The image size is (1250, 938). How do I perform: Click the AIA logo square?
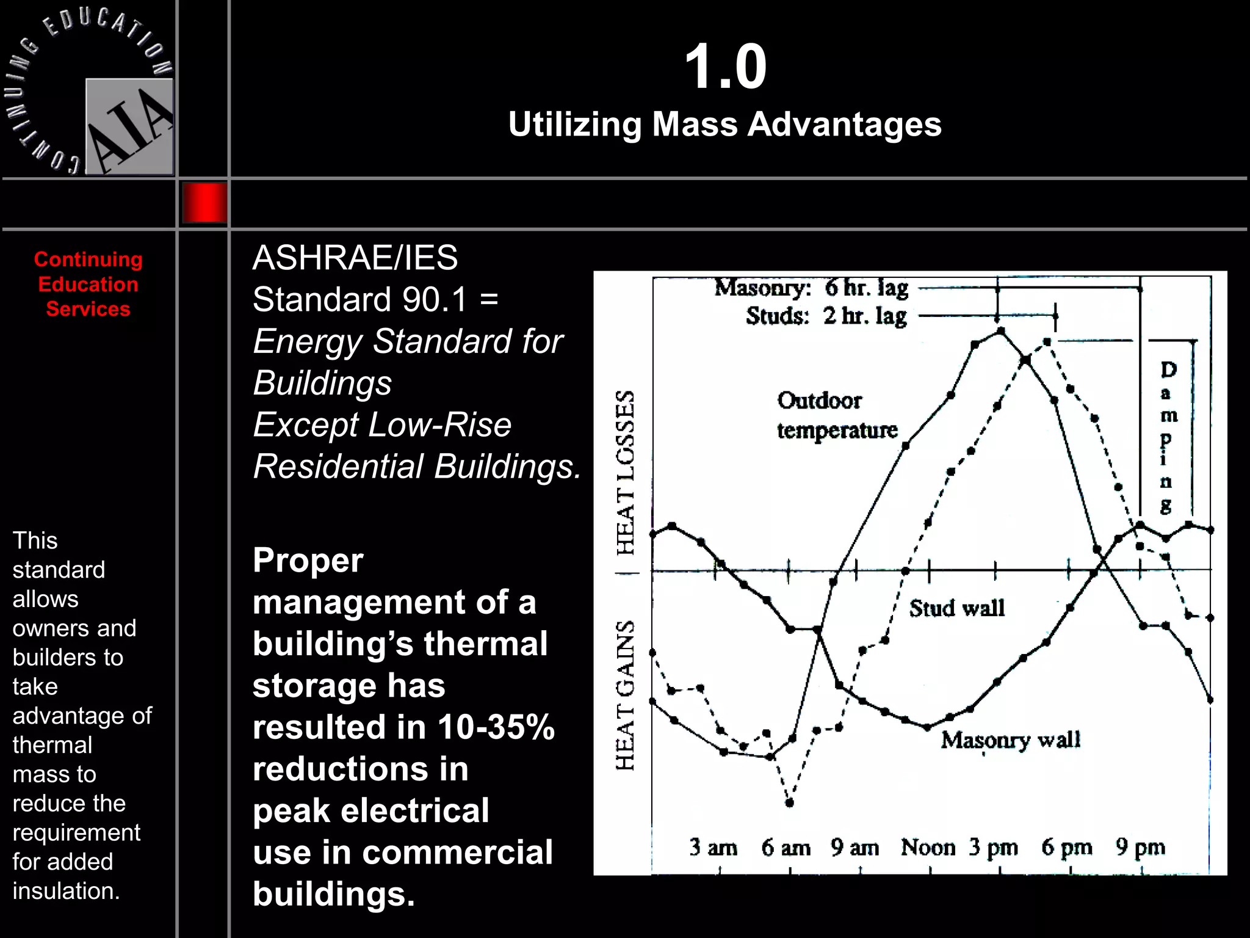[x=129, y=126]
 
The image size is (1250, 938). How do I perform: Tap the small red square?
[x=204, y=202]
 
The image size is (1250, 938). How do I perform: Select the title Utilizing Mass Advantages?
[x=724, y=124]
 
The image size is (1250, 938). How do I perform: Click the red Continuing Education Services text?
[x=89, y=284]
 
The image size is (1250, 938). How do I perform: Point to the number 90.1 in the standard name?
[x=435, y=299]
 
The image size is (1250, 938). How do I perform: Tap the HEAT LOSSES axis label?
[x=625, y=473]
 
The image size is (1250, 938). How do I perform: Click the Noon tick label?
[x=928, y=847]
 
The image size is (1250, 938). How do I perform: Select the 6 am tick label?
[x=786, y=848]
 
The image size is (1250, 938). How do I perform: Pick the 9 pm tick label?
[x=1140, y=847]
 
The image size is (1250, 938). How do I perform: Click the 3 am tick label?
[x=713, y=847]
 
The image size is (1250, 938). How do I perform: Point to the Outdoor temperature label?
[x=837, y=415]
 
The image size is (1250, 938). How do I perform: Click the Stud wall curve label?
[x=956, y=608]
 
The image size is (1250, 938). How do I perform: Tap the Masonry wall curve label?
[x=1010, y=740]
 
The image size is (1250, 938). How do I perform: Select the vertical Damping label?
[x=1167, y=437]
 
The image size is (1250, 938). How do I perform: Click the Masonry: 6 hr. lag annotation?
[x=811, y=288]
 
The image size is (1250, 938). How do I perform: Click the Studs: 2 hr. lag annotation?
[x=826, y=316]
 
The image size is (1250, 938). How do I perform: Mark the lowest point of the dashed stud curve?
[x=789, y=802]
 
